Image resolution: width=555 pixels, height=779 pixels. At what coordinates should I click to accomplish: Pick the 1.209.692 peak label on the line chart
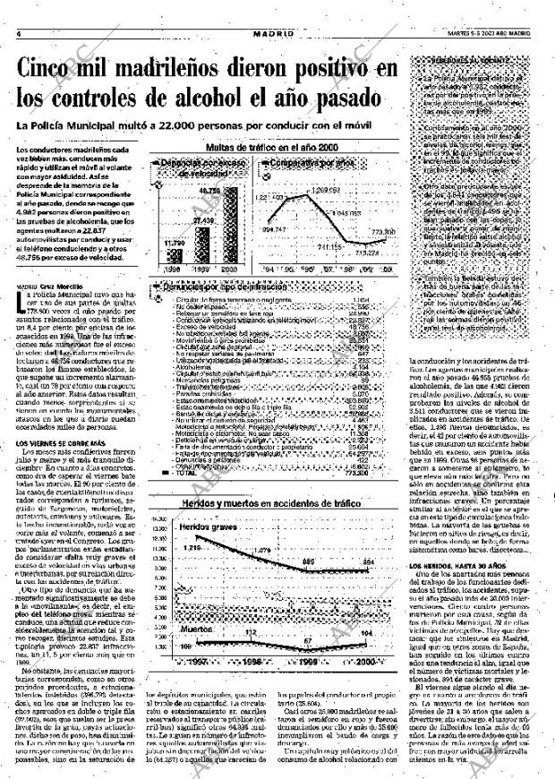point(322,190)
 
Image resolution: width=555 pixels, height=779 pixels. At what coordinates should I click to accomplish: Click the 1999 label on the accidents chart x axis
point(311,682)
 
